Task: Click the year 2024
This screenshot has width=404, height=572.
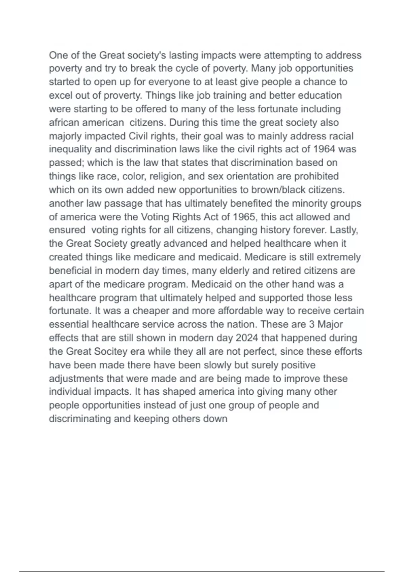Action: (x=247, y=338)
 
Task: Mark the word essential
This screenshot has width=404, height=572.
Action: (x=69, y=324)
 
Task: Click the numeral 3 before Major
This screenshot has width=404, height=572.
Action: (x=311, y=324)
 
